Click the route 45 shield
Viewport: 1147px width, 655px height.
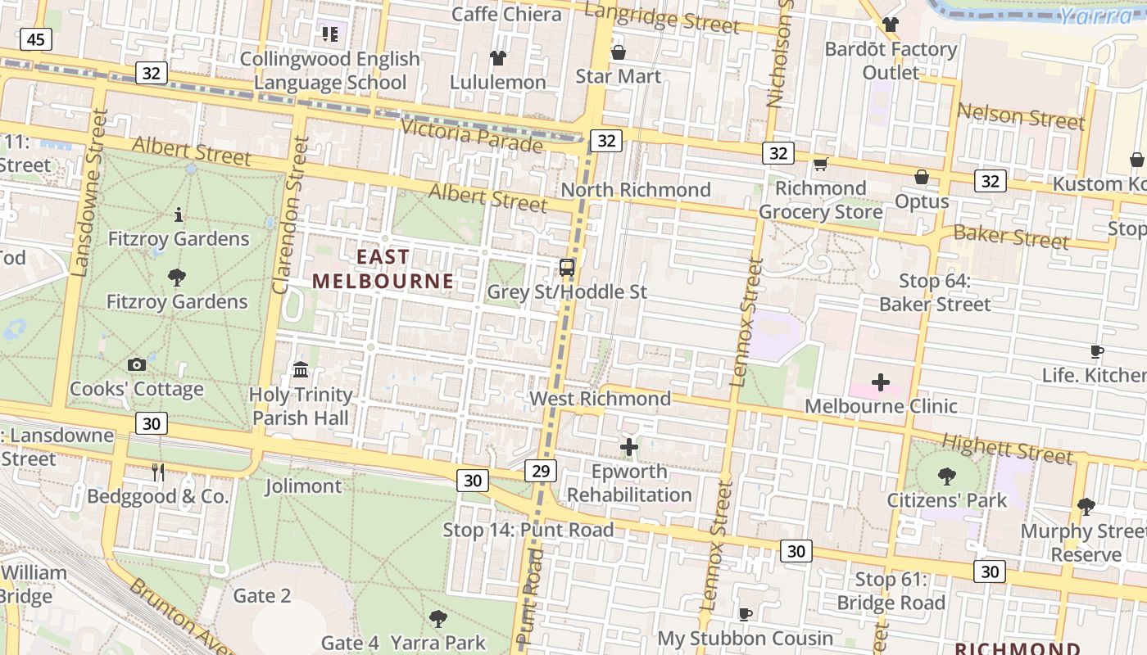(x=37, y=38)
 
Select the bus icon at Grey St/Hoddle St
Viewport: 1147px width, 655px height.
(x=566, y=267)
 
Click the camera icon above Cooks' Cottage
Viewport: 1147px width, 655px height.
(x=137, y=364)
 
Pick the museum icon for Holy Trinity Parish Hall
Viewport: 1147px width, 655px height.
(x=301, y=370)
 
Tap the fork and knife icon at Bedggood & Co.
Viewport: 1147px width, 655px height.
(x=158, y=472)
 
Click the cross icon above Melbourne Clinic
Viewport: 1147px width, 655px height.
(x=881, y=382)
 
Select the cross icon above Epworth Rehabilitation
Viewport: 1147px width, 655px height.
(x=629, y=447)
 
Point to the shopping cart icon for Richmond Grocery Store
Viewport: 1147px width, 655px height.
(x=820, y=164)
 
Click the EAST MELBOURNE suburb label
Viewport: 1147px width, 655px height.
(x=383, y=269)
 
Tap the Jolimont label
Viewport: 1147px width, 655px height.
(x=303, y=486)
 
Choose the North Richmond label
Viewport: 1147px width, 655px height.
(x=635, y=190)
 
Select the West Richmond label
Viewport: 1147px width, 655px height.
(x=600, y=399)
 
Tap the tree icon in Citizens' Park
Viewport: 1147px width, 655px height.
(x=947, y=476)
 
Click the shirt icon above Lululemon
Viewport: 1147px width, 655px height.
(x=498, y=57)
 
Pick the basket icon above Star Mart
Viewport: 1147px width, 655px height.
(x=618, y=52)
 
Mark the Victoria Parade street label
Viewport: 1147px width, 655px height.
(x=471, y=134)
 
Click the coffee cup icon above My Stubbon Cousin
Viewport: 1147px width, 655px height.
(x=745, y=614)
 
